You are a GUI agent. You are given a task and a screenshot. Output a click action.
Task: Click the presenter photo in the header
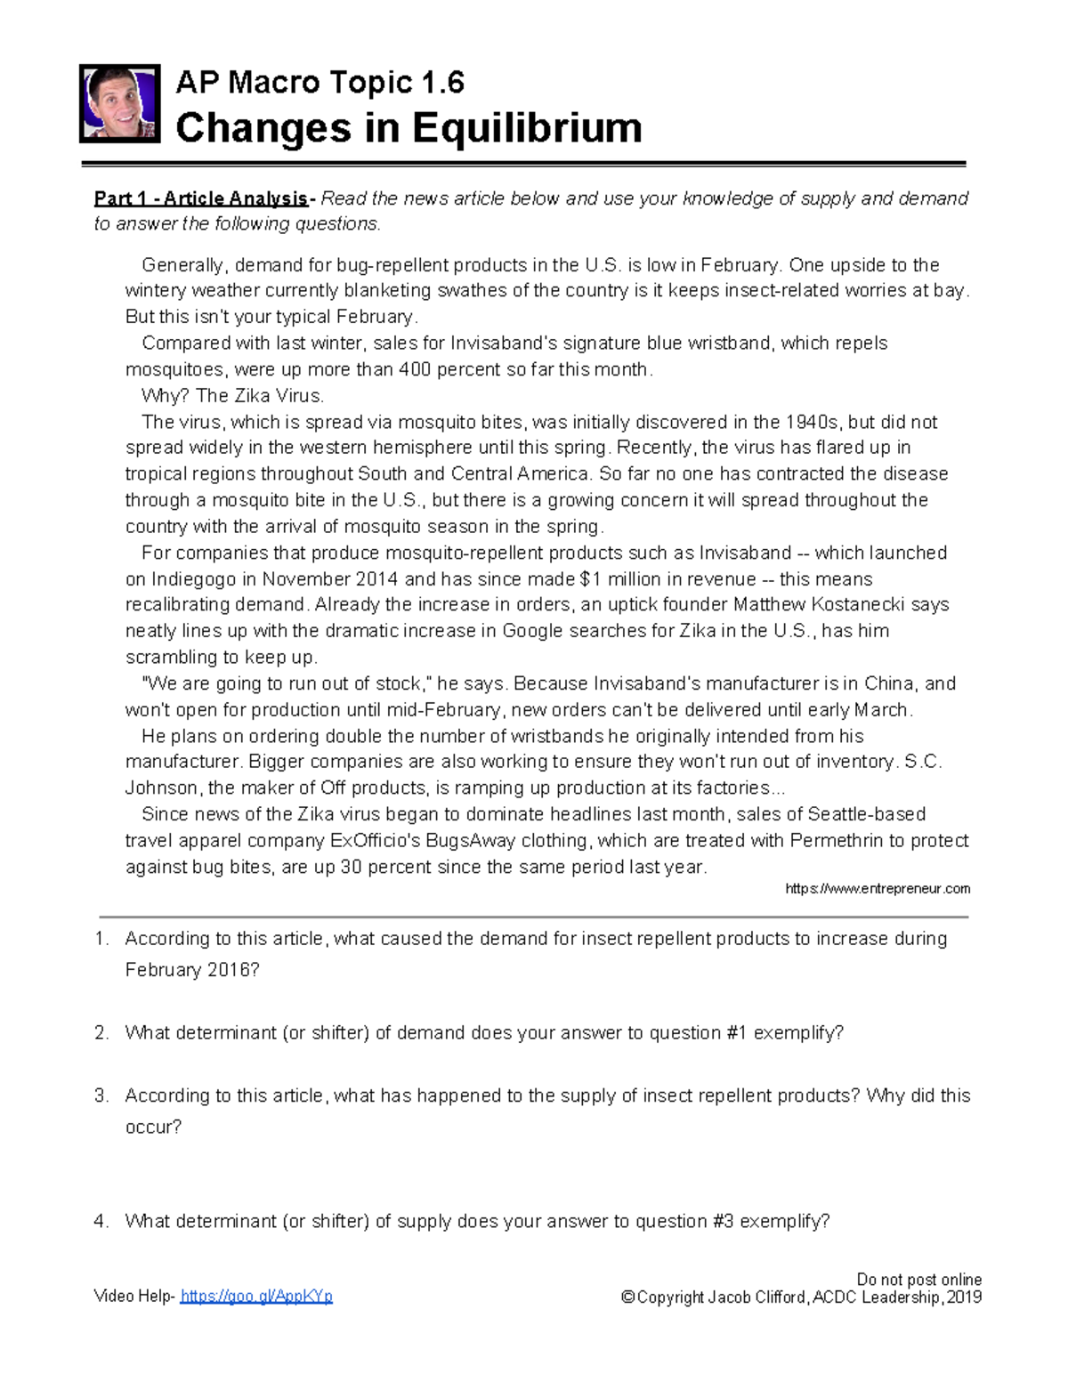(x=119, y=103)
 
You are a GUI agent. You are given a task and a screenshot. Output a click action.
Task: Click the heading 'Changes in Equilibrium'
(x=409, y=127)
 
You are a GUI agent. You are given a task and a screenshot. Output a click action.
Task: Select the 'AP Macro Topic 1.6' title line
(x=320, y=83)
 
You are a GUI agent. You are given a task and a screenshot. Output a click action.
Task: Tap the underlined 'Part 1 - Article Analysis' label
(x=202, y=198)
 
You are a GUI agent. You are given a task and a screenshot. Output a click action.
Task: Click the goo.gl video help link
(x=256, y=1297)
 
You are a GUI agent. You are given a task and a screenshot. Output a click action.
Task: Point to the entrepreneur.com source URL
(x=878, y=888)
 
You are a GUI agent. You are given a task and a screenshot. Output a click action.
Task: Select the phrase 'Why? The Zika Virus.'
(x=233, y=396)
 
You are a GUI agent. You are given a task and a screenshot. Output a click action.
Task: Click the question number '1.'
(x=102, y=939)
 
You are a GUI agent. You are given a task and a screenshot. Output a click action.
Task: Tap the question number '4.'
(x=102, y=1221)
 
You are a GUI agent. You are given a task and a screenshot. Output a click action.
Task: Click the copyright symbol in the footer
(x=627, y=1297)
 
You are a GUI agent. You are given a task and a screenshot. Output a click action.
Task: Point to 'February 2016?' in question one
(x=192, y=970)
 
